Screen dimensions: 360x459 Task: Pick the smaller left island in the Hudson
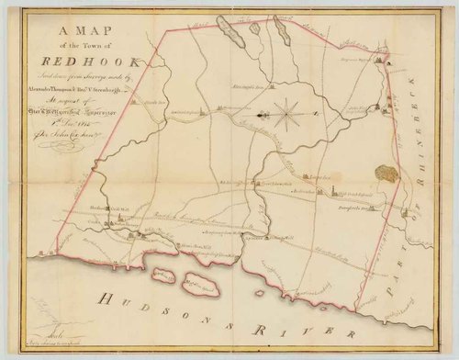163,275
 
